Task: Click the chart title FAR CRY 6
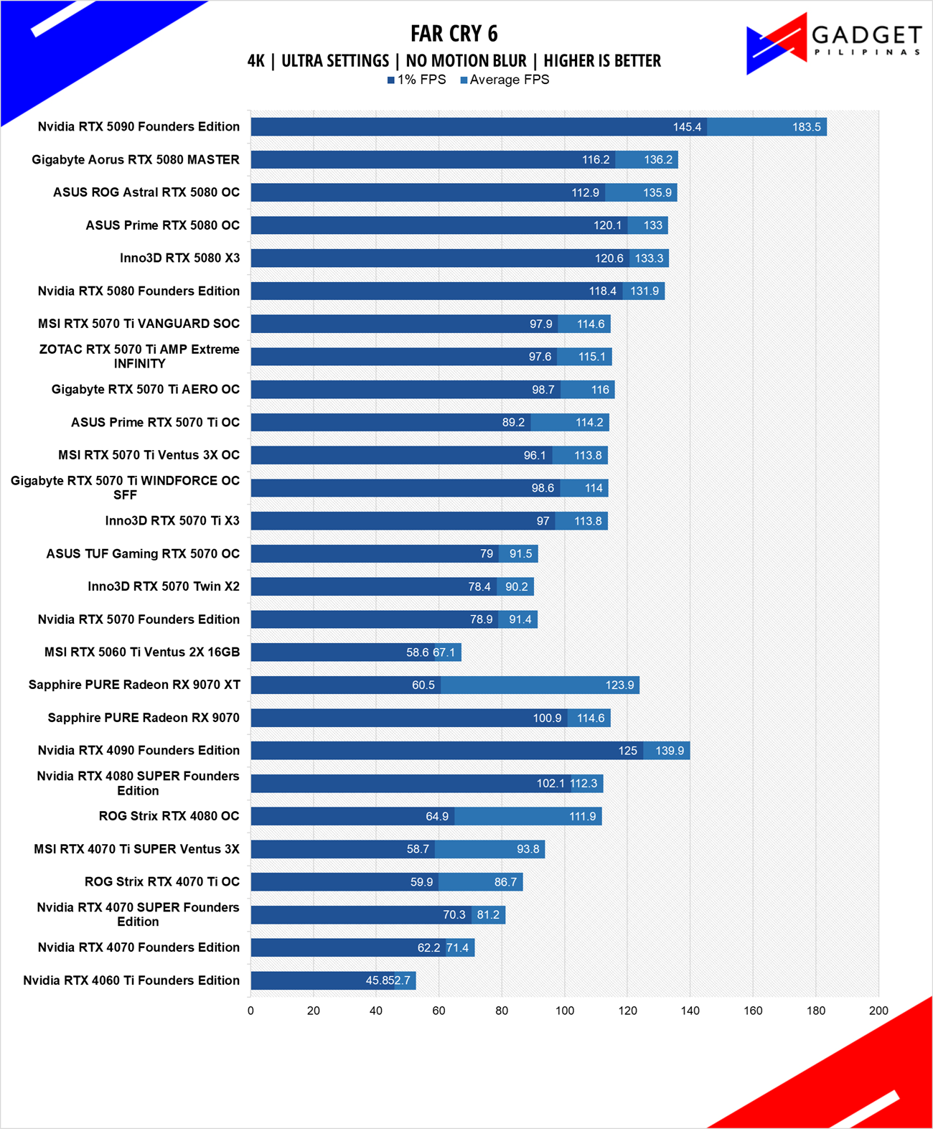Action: [454, 34]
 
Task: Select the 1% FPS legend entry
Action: [416, 80]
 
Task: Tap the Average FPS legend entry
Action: [505, 80]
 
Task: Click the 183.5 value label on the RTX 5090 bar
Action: [806, 127]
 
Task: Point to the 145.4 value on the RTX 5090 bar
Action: [687, 127]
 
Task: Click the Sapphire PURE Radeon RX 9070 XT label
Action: [134, 685]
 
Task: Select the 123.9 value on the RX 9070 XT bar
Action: [619, 685]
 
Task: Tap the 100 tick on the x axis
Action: [565, 1011]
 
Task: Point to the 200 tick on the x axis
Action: [878, 1011]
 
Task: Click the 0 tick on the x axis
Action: [250, 1011]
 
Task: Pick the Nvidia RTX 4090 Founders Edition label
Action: [139, 750]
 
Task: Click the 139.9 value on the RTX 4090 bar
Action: [670, 751]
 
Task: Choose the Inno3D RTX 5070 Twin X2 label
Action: [164, 586]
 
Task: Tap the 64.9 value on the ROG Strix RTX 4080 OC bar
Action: [437, 816]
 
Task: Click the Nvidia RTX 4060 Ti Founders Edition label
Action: [131, 980]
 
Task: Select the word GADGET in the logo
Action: [866, 35]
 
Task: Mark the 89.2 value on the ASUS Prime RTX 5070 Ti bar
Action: [513, 422]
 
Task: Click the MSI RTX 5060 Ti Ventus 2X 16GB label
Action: [141, 652]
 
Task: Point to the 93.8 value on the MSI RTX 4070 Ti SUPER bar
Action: [528, 849]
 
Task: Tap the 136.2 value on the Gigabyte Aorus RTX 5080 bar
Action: [658, 159]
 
